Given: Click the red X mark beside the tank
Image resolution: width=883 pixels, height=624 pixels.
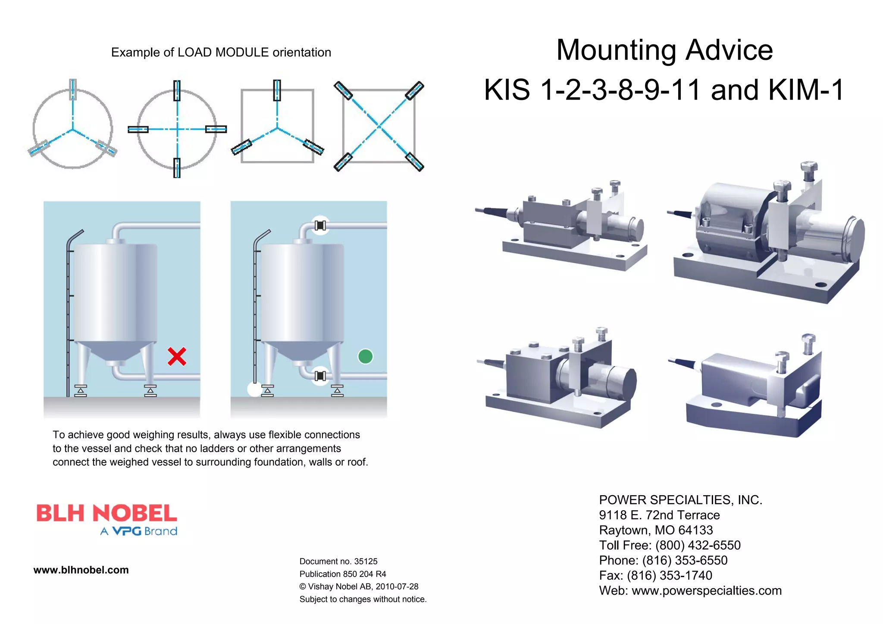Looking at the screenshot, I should click(177, 356).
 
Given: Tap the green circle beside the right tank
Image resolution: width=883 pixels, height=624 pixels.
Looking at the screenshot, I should click(365, 356).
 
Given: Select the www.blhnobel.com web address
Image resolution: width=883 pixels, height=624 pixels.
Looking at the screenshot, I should click(81, 570).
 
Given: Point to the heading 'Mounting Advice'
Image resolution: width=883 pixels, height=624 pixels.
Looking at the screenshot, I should click(664, 50).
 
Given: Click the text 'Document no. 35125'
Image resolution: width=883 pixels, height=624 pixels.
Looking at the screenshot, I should click(338, 562).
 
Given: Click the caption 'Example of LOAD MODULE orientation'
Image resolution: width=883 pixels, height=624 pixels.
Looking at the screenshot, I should click(221, 53).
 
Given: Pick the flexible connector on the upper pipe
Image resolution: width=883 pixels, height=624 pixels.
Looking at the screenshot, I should click(320, 225).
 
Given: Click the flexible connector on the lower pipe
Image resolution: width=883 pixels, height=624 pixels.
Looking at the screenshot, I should click(320, 376).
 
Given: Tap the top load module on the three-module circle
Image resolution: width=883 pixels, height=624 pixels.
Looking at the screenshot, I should click(73, 90).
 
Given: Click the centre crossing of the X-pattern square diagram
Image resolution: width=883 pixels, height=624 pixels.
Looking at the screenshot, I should click(379, 126).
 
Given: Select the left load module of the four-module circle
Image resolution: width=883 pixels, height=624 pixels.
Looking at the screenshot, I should click(138, 129).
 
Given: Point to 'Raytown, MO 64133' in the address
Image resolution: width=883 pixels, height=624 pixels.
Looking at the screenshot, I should click(656, 530).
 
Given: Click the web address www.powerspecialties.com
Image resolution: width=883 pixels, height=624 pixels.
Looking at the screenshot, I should click(706, 590).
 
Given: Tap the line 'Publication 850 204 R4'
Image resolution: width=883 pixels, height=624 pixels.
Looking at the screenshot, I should click(343, 574).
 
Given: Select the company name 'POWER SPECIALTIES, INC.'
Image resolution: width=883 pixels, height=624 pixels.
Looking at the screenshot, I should click(680, 500).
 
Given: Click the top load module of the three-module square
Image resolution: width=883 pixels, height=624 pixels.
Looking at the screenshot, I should click(277, 90).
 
